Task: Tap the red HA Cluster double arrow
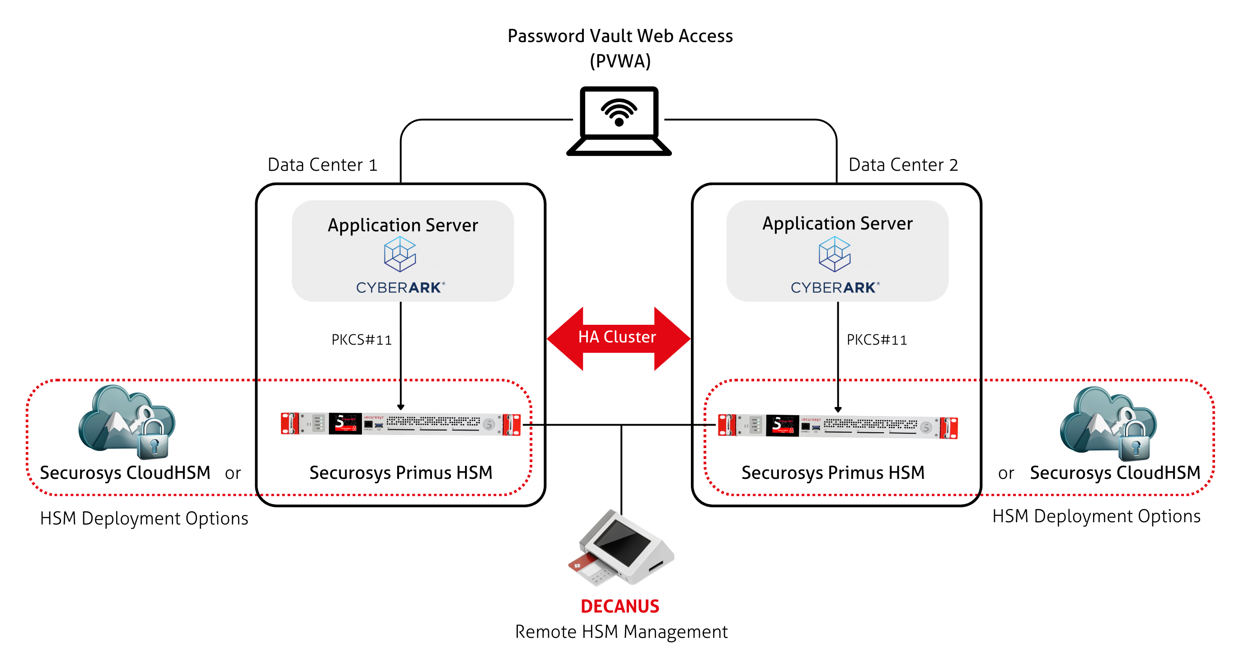pos(618,338)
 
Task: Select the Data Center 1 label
pos(322,165)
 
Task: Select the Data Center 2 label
pos(903,165)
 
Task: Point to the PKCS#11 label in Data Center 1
pos(361,340)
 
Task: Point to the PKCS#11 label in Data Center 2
pos(876,340)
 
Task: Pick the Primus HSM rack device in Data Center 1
pos(401,424)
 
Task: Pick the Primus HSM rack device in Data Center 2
pos(837,426)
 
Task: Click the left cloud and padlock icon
pos(127,421)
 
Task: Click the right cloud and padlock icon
pos(1108,423)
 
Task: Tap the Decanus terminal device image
pos(620,548)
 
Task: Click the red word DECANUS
pos(620,607)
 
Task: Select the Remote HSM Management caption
pos(621,632)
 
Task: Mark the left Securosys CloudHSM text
pos(125,473)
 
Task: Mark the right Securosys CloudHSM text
pos(1115,473)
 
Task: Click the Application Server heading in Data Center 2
pos(837,224)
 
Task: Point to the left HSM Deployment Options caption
pos(144,519)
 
